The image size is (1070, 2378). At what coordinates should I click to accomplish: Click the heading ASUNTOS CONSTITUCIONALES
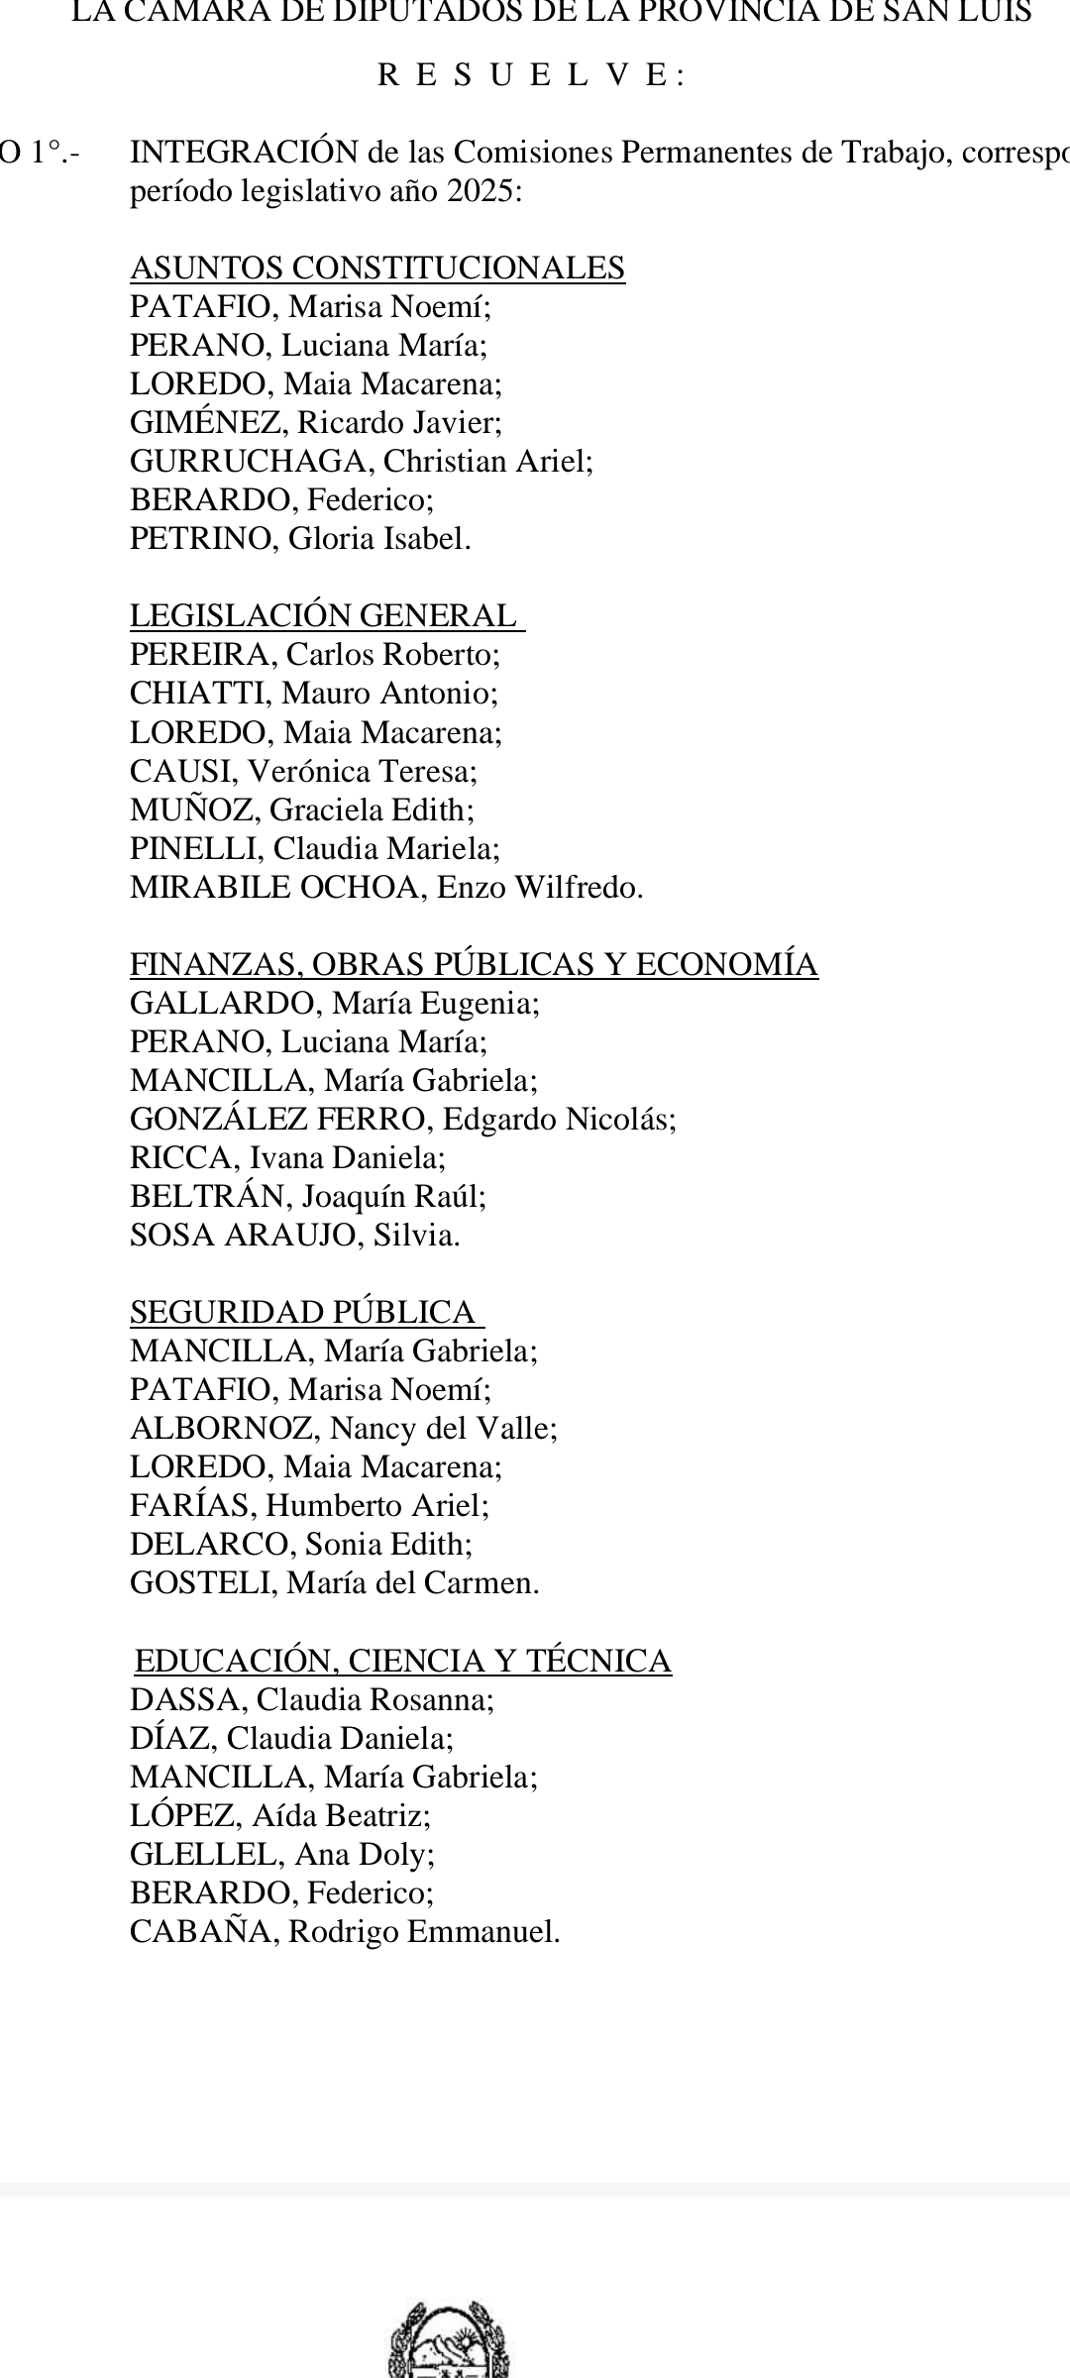pyautogui.click(x=377, y=269)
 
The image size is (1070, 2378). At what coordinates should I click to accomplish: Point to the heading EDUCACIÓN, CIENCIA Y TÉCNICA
pyautogui.click(x=403, y=1661)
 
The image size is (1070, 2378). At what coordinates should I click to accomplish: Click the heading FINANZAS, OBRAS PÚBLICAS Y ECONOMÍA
pyautogui.click(x=474, y=965)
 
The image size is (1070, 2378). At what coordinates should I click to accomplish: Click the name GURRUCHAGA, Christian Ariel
pyautogui.click(x=362, y=462)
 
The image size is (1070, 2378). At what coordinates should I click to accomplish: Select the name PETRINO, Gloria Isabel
pyautogui.click(x=300, y=539)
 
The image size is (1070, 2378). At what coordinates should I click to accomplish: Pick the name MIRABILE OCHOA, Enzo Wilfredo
pyautogui.click(x=386, y=888)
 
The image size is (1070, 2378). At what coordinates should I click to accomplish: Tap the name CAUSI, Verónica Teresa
pyautogui.click(x=303, y=772)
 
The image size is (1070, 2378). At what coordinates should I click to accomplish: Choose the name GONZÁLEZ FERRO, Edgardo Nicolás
pyautogui.click(x=403, y=1120)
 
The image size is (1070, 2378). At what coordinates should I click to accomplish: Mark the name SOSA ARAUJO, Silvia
pyautogui.click(x=295, y=1236)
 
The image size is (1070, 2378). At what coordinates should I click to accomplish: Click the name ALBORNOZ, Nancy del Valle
pyautogui.click(x=344, y=1429)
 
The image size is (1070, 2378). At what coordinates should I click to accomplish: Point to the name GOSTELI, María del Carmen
pyautogui.click(x=335, y=1583)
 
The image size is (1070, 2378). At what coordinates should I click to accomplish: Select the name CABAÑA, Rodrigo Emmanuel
pyautogui.click(x=345, y=1932)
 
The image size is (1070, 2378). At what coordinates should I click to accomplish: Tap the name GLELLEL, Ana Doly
pyautogui.click(x=282, y=1855)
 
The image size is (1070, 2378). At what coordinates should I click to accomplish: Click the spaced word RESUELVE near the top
pyautogui.click(x=531, y=76)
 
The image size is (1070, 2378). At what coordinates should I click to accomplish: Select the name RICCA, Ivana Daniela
pyautogui.click(x=287, y=1158)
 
